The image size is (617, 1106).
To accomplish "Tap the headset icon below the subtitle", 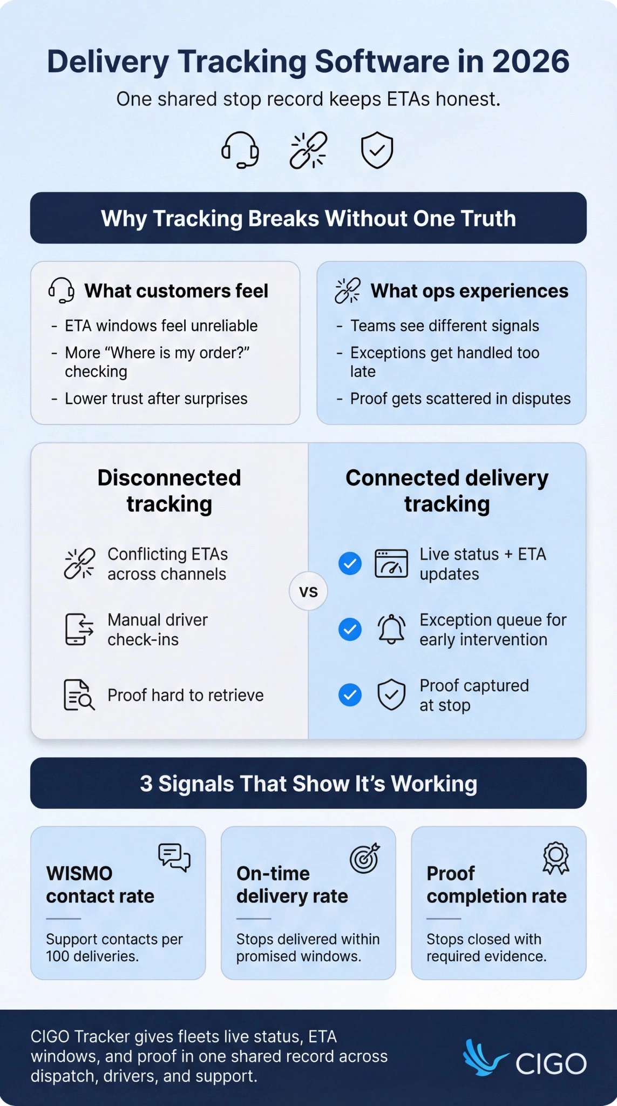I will click(x=240, y=150).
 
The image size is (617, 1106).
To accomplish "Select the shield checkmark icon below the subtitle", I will click(x=377, y=150).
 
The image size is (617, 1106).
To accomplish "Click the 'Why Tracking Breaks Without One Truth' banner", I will click(x=308, y=218).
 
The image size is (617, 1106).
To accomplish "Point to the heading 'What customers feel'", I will click(x=176, y=291).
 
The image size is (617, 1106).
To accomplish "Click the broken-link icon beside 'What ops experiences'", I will click(x=348, y=291).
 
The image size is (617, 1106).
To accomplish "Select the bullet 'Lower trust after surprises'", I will click(x=156, y=399).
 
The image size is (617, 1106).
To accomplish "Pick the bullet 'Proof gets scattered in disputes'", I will click(x=460, y=399).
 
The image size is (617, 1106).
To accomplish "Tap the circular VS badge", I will click(x=308, y=591).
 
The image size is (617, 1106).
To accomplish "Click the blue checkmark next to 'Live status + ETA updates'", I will click(x=350, y=564).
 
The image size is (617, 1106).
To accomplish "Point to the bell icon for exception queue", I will click(x=391, y=629).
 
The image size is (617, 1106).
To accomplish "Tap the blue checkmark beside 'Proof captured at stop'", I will click(x=350, y=695).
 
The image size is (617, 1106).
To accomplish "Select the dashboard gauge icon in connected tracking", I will click(x=391, y=564).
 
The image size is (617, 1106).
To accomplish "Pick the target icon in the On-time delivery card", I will click(x=365, y=858).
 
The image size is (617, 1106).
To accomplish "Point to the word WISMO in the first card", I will click(x=79, y=873).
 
